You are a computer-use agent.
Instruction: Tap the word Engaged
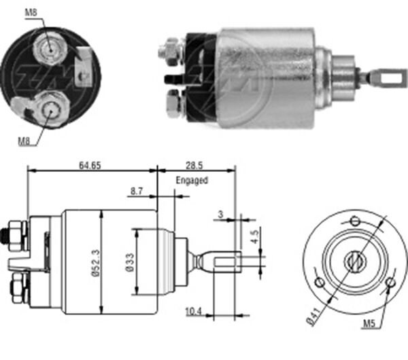tap(191, 181)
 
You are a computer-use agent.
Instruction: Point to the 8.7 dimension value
tap(136, 193)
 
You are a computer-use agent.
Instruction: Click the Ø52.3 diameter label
tap(95, 261)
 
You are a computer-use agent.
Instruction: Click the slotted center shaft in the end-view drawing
tap(354, 259)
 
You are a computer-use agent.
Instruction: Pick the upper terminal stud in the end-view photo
tap(48, 46)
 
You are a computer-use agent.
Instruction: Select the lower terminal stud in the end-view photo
tap(48, 107)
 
